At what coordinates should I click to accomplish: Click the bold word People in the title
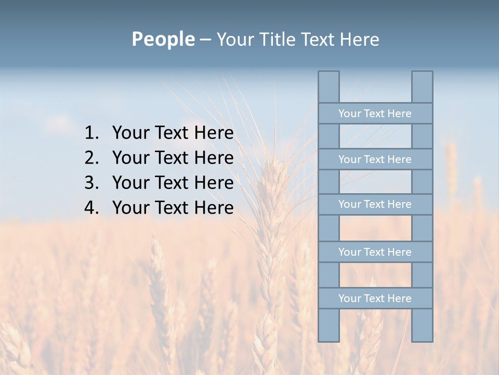pyautogui.click(x=163, y=40)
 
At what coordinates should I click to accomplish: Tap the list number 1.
pyautogui.click(x=91, y=133)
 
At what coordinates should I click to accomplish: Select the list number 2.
pyautogui.click(x=91, y=158)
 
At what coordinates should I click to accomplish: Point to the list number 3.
pyautogui.click(x=91, y=183)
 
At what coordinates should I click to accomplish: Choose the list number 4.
pyautogui.click(x=91, y=208)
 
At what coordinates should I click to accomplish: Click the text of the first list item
pyautogui.click(x=173, y=133)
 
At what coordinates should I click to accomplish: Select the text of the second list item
pyautogui.click(x=173, y=158)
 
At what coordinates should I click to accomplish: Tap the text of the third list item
pyautogui.click(x=173, y=183)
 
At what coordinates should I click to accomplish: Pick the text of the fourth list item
pyautogui.click(x=173, y=208)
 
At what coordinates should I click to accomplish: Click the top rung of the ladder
pyautogui.click(x=375, y=114)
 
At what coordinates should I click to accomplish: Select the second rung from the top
pyautogui.click(x=375, y=159)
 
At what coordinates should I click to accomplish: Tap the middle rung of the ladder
pyautogui.click(x=375, y=204)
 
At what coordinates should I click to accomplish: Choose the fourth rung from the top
pyautogui.click(x=375, y=252)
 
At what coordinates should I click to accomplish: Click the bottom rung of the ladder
pyautogui.click(x=375, y=298)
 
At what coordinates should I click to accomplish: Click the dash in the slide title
pyautogui.click(x=205, y=40)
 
